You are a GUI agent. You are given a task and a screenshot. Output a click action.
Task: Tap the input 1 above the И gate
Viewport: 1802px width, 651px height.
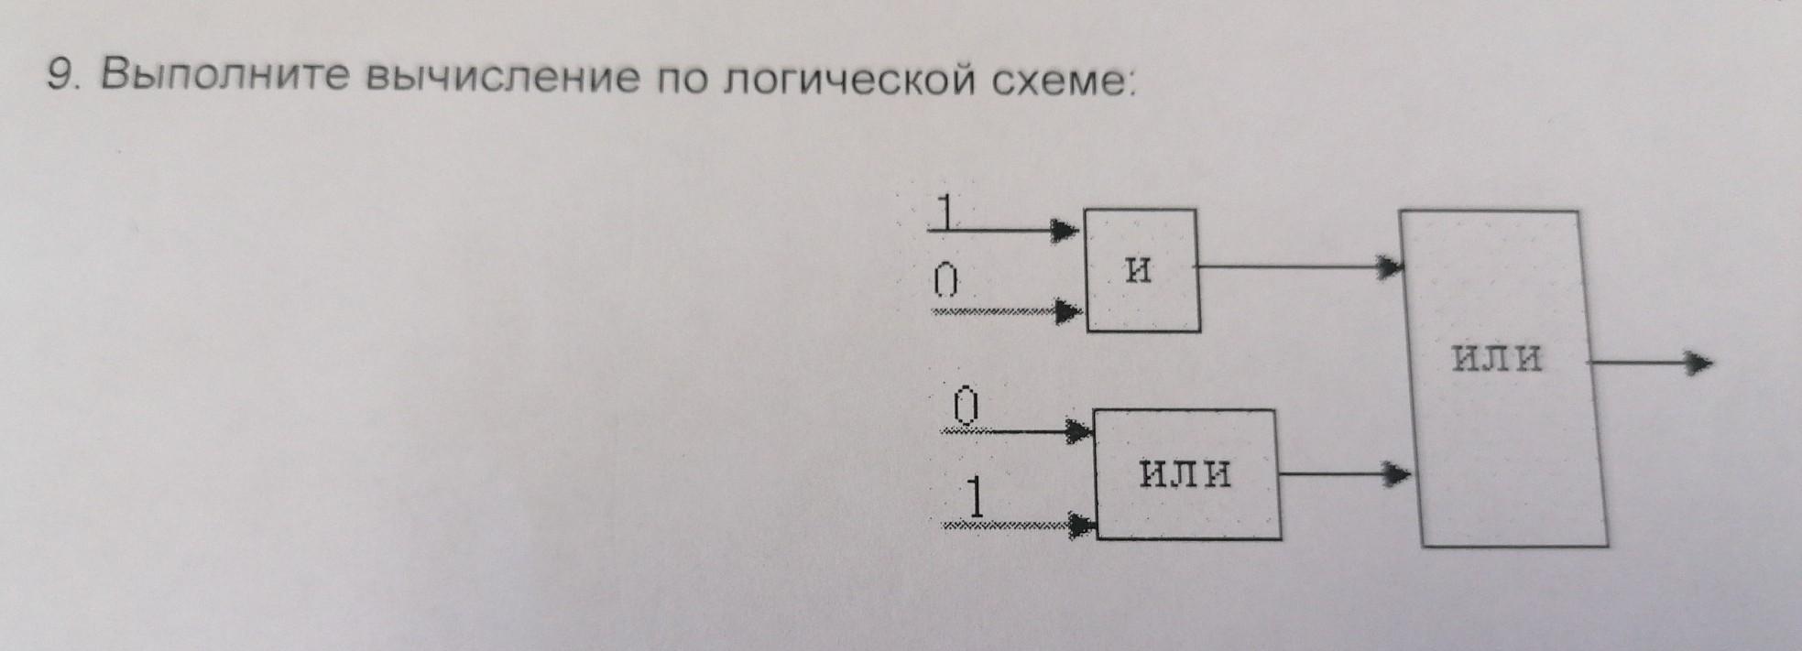pyautogui.click(x=946, y=212)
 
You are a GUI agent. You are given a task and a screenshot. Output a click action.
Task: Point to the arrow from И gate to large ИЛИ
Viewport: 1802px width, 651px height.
pyautogui.click(x=1301, y=267)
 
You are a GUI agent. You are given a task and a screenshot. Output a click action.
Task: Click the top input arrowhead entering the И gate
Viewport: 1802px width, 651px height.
pyautogui.click(x=1065, y=230)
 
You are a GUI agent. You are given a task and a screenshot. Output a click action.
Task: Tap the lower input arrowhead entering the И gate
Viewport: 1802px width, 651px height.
pyautogui.click(x=1068, y=312)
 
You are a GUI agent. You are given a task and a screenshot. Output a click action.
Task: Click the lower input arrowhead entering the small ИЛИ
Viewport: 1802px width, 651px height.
pyautogui.click(x=1081, y=526)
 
